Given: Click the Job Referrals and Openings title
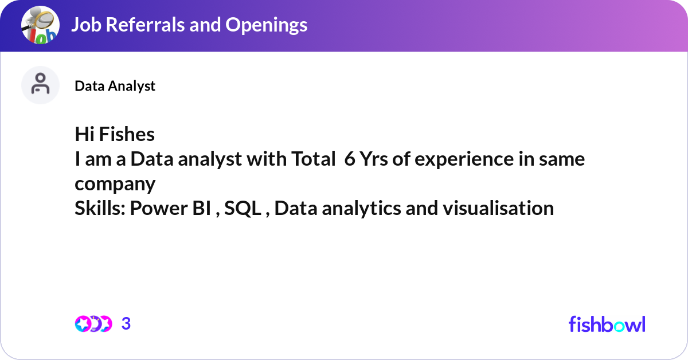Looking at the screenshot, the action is click(189, 25).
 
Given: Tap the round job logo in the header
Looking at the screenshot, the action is click(40, 25).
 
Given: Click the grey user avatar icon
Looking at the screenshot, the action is click(40, 85).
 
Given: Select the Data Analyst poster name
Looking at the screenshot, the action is click(115, 86).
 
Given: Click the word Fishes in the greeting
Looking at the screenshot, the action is click(127, 134).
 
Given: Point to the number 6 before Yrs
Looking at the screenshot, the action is click(350, 159).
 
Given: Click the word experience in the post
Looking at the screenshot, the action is click(464, 160).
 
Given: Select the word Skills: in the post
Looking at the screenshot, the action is click(100, 208).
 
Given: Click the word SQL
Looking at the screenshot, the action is click(243, 209).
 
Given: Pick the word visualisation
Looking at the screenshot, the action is click(498, 208).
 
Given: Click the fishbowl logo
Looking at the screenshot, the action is click(607, 324).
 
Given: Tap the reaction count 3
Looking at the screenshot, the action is click(126, 324).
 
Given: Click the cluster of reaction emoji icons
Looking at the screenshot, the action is click(93, 324).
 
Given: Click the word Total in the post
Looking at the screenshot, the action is click(313, 159).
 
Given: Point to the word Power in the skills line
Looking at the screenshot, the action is click(158, 209).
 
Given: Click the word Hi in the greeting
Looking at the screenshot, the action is click(84, 134).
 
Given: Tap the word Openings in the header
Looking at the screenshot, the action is click(266, 25).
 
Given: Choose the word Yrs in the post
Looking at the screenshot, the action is click(373, 159).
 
